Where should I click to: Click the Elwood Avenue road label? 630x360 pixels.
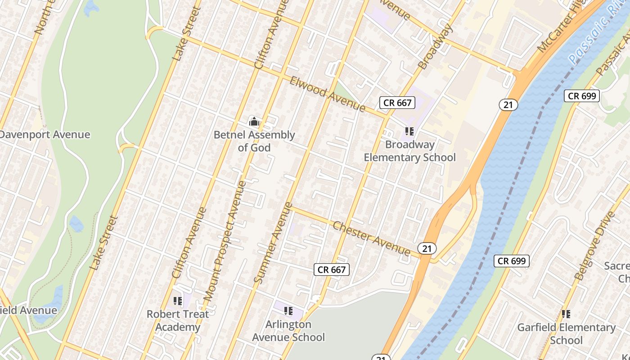(327, 94)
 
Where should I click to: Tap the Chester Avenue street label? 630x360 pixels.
(371, 238)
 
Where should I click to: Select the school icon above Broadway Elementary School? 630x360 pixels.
(409, 131)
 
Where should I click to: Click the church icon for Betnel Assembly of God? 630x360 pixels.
(254, 121)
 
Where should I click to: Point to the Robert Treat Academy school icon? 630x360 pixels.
(178, 300)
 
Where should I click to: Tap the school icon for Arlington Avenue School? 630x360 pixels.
(288, 310)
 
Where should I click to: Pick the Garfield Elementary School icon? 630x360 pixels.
(566, 314)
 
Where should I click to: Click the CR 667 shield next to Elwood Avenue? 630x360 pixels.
(397, 103)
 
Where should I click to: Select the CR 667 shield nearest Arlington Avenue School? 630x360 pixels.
(332, 270)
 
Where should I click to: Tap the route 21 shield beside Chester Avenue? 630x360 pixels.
(427, 248)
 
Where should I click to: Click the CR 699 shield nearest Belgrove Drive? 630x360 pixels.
(512, 261)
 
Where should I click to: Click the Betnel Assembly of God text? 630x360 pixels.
(254, 141)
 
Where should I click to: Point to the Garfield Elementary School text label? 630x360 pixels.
(566, 333)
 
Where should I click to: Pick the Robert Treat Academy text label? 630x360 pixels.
(178, 320)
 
